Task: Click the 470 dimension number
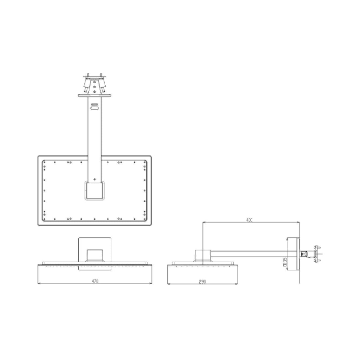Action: pos(95,281)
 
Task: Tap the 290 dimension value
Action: pos(202,282)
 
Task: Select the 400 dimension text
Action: pos(249,220)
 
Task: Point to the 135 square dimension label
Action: pos(285,262)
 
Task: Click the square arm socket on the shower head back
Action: pos(95,190)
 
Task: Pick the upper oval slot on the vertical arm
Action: pos(95,104)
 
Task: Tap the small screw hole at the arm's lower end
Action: pos(95,179)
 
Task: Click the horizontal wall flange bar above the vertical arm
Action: pos(95,95)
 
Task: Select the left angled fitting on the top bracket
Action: pos(87,85)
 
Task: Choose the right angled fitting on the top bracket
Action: pos(102,85)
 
